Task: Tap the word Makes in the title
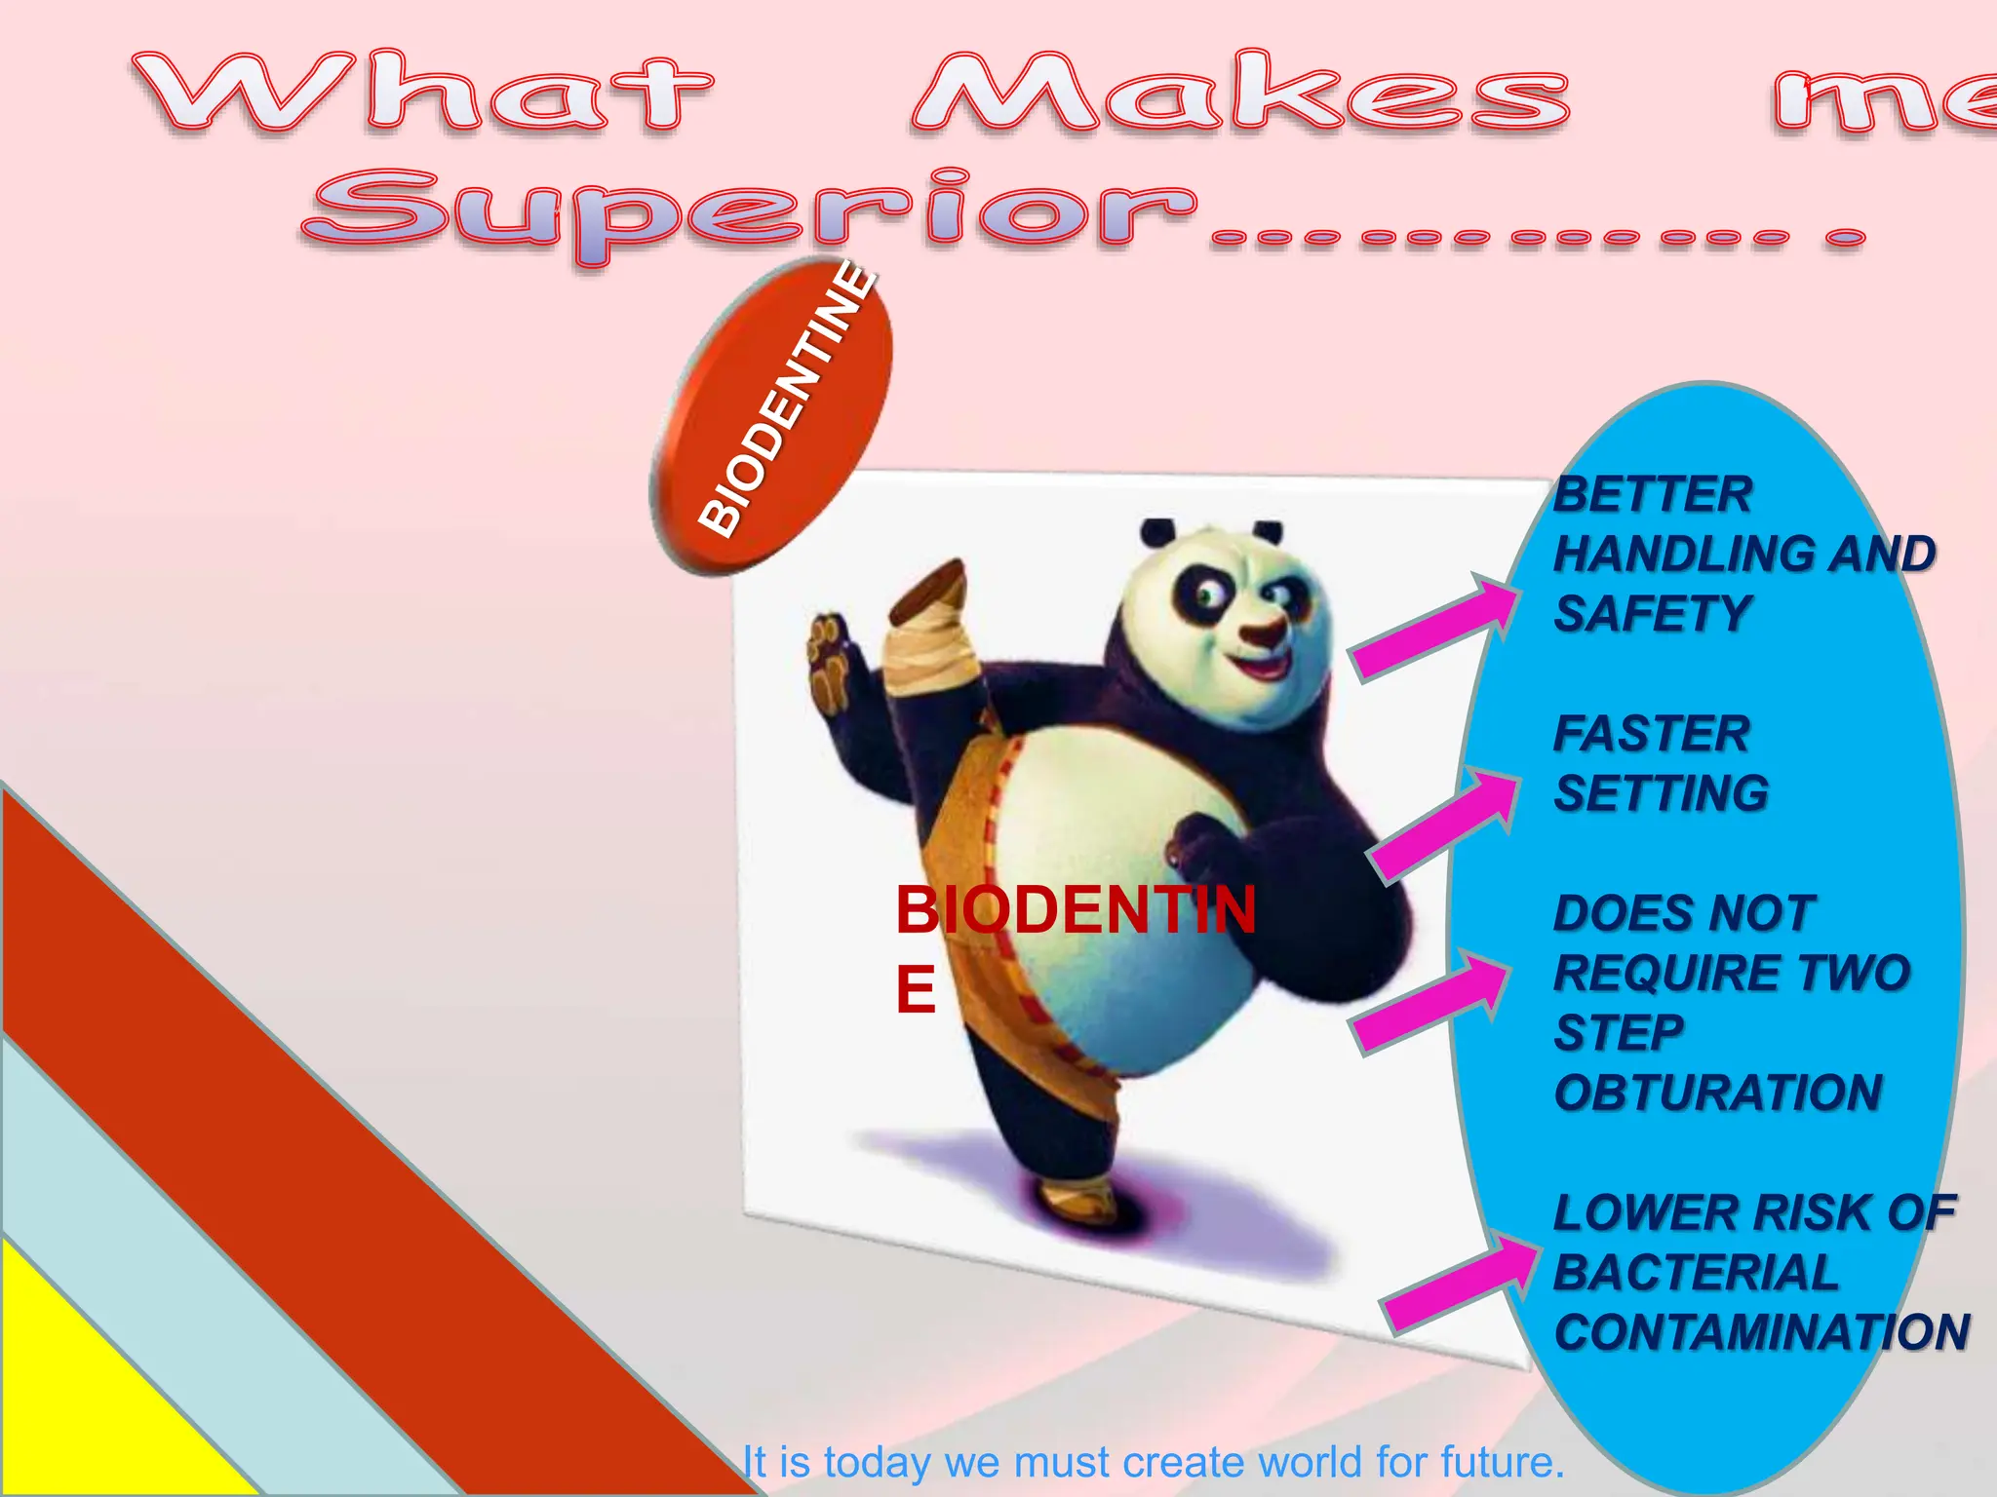pyautogui.click(x=1238, y=93)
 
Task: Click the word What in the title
pyautogui.click(x=424, y=93)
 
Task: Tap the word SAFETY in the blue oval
pyautogui.click(x=1653, y=614)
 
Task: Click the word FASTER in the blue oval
pyautogui.click(x=1652, y=734)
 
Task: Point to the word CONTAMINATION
pyautogui.click(x=1761, y=1332)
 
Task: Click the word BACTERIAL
pyautogui.click(x=1696, y=1273)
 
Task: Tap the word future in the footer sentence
pyautogui.click(x=1502, y=1462)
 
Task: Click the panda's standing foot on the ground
pyautogui.click(x=1077, y=1199)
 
